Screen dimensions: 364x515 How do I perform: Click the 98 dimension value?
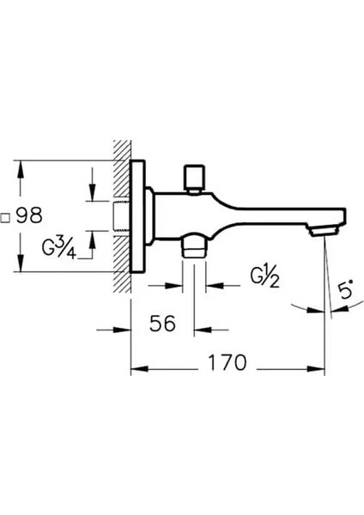click(x=29, y=215)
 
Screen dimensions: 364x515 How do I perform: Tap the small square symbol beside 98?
click(x=4, y=218)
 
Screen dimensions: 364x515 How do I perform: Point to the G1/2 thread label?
click(x=264, y=278)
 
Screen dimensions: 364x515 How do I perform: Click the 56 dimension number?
click(x=162, y=324)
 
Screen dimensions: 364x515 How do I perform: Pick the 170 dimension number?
click(x=227, y=362)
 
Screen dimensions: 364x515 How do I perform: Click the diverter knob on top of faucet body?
click(x=194, y=178)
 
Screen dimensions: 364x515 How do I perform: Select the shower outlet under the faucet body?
click(x=194, y=245)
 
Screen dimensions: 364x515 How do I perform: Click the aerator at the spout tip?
click(x=325, y=231)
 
